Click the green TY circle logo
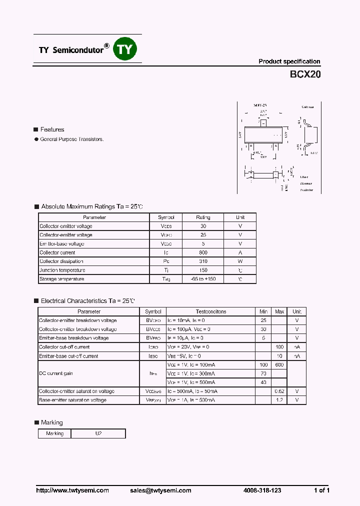pyautogui.click(x=125, y=48)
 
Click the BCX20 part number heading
pyautogui.click(x=305, y=75)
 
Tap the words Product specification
pyautogui.click(x=289, y=61)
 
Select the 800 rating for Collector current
pyautogui.click(x=203, y=252)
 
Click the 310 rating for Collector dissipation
pyautogui.click(x=203, y=261)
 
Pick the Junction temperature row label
pyautogui.click(x=62, y=270)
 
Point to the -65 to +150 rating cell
pyautogui.click(x=203, y=279)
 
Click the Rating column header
pyautogui.click(x=203, y=217)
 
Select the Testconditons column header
pyautogui.click(x=210, y=311)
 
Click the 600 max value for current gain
pyautogui.click(x=279, y=365)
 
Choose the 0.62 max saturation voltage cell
pyautogui.click(x=279, y=391)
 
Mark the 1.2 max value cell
pyautogui.click(x=279, y=400)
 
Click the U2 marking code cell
pyautogui.click(x=98, y=433)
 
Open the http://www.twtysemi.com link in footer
pyautogui.click(x=72, y=490)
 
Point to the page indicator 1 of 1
pyautogui.click(x=321, y=490)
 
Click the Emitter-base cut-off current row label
pyautogui.click(x=68, y=356)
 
